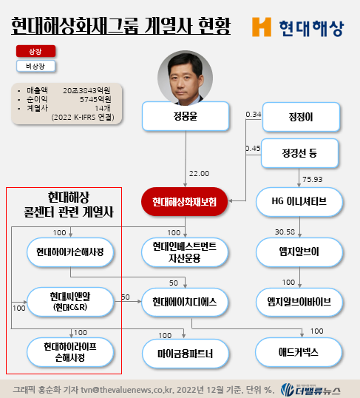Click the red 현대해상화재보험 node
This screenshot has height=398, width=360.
click(185, 202)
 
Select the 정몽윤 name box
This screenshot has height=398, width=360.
click(186, 116)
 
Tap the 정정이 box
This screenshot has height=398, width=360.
click(301, 117)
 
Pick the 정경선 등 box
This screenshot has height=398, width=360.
click(299, 153)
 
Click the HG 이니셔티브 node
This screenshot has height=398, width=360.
click(299, 202)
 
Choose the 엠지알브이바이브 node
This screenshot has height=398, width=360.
click(299, 302)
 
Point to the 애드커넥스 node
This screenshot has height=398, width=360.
click(299, 352)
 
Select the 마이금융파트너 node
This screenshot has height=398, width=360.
click(186, 354)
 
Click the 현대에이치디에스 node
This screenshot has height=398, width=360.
click(185, 302)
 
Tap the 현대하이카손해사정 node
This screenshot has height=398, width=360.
click(70, 252)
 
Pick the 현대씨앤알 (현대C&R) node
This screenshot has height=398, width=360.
click(70, 302)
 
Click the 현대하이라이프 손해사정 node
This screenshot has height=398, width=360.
click(70, 352)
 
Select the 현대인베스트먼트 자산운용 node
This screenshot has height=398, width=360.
click(185, 252)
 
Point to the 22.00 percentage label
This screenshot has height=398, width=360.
click(199, 174)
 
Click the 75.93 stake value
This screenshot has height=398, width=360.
click(312, 180)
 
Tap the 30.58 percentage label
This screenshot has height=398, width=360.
click(285, 232)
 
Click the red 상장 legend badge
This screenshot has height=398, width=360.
click(35, 51)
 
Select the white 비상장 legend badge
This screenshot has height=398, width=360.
click(35, 67)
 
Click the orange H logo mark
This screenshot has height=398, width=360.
click(262, 27)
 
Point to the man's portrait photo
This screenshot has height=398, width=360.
click(186, 78)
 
